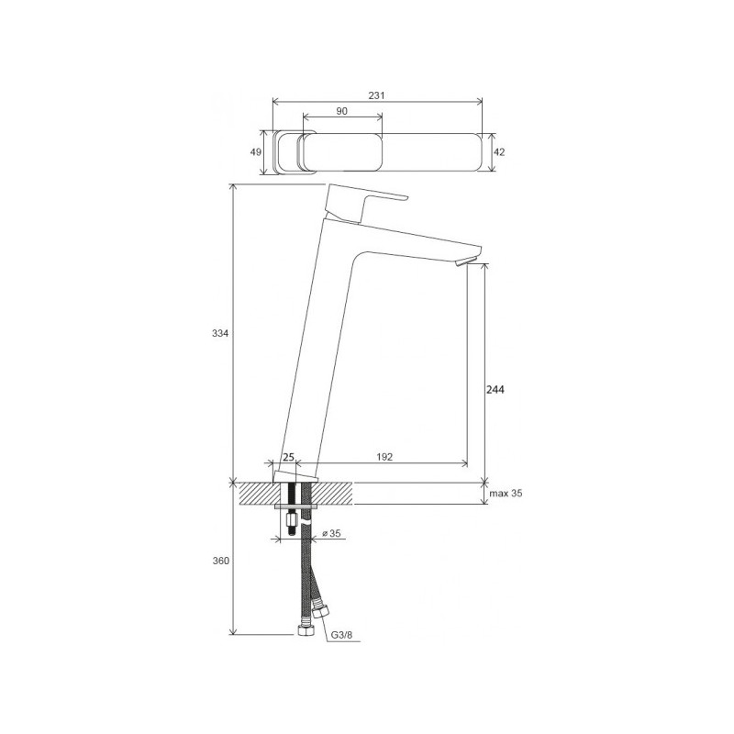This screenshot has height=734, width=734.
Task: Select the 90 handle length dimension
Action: (341, 111)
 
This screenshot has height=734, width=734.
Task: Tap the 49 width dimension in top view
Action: (257, 151)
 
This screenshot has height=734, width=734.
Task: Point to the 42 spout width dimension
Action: (499, 153)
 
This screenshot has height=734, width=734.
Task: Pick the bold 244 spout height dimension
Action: (496, 389)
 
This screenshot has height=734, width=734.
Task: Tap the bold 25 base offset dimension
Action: (287, 457)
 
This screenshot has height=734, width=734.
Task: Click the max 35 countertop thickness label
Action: (505, 494)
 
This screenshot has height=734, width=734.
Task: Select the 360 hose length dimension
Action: (219, 561)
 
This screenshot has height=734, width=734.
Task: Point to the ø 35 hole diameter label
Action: (333, 532)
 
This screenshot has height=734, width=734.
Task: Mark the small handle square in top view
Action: (288, 151)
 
